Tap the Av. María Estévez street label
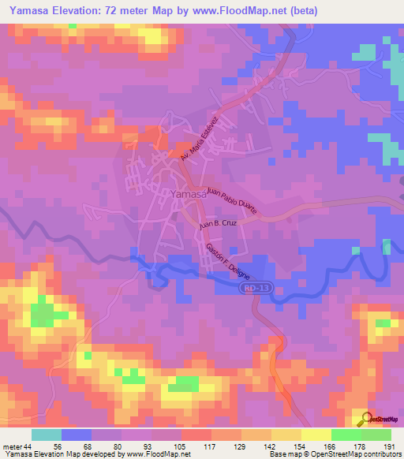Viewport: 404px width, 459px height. pos(198,140)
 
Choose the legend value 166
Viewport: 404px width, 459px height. pos(331,446)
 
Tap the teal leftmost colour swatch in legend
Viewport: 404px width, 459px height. pos(47,435)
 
